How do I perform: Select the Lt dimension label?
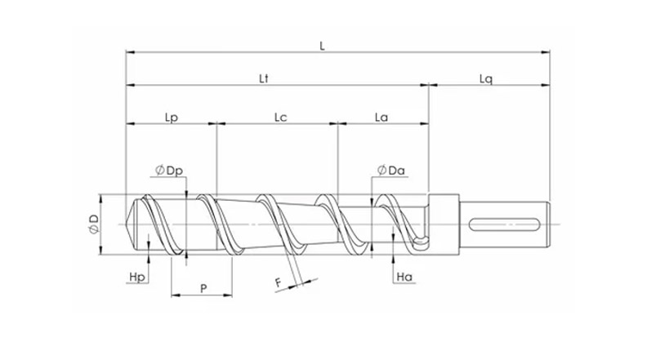(x=264, y=78)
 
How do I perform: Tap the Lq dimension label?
(x=485, y=78)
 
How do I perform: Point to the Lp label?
(x=172, y=118)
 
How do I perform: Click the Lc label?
(x=279, y=118)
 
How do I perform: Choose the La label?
(x=381, y=118)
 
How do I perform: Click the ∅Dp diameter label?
(x=168, y=171)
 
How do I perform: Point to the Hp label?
(x=138, y=278)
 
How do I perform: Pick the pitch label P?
(x=202, y=287)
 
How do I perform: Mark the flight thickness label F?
(x=279, y=282)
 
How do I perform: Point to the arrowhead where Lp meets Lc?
(x=216, y=124)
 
